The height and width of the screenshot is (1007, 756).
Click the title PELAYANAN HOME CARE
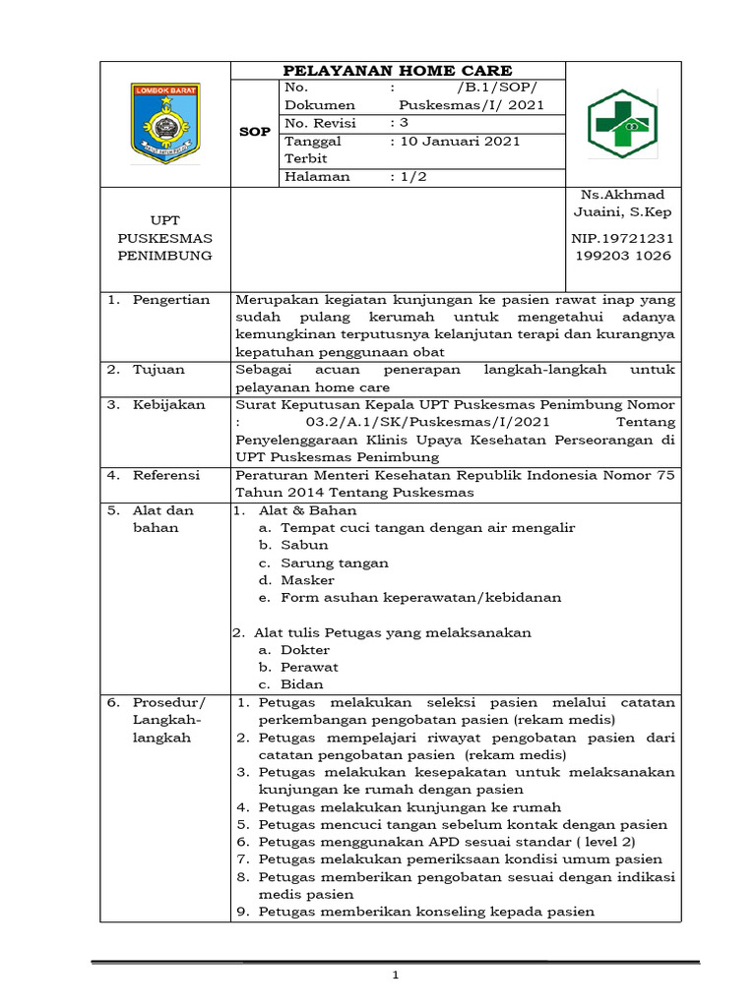(398, 71)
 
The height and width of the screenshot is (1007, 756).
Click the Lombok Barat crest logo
(165, 123)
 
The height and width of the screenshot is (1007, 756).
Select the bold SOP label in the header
(255, 132)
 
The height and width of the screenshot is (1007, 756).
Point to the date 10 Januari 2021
(456, 142)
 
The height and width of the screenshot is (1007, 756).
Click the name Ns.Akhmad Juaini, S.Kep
(624, 204)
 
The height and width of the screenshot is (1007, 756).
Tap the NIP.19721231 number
(624, 238)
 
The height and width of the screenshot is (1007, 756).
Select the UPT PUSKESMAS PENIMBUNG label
(165, 238)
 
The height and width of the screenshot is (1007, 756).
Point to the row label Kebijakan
(168, 404)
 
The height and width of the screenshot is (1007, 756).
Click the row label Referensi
(166, 475)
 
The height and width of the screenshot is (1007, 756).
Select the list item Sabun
(304, 545)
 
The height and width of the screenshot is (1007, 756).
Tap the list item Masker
(307, 580)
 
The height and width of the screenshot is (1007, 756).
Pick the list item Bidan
(301, 684)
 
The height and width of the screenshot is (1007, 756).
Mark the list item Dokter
(305, 650)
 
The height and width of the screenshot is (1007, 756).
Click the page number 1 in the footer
(395, 976)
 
